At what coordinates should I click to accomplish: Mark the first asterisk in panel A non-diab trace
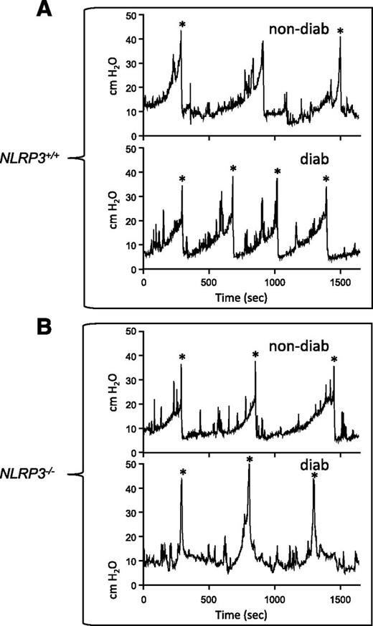click(x=182, y=26)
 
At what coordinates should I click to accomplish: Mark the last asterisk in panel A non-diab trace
click(x=340, y=32)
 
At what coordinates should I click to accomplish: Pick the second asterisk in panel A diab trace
click(x=232, y=169)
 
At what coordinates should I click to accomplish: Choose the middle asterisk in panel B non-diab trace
click(x=255, y=355)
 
